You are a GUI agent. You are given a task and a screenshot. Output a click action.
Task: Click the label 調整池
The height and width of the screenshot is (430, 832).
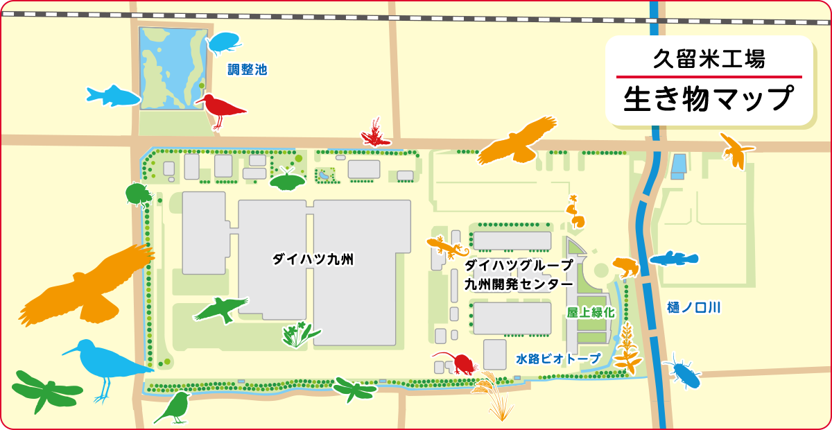pos(248,69)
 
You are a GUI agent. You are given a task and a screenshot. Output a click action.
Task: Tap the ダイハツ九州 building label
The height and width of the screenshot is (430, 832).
pos(313,260)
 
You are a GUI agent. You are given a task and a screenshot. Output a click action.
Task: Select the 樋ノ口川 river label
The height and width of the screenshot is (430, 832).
pos(693,307)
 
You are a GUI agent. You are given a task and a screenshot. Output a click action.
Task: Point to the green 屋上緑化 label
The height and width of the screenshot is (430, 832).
pos(591,313)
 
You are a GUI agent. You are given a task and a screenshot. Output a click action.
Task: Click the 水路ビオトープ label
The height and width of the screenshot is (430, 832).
pos(557,359)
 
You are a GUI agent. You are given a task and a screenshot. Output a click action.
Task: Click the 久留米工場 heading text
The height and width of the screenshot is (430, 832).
pos(709,60)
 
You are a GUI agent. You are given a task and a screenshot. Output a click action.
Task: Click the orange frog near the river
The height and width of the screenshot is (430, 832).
pos(625,266)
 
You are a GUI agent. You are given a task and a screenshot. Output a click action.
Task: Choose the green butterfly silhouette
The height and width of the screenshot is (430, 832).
pos(287,181)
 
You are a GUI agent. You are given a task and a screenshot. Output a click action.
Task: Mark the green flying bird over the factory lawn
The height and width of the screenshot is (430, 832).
pos(221,309)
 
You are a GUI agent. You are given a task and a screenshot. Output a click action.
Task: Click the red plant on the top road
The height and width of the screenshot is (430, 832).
pos(375,134)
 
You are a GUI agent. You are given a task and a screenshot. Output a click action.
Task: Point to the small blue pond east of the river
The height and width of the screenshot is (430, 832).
pos(678,165)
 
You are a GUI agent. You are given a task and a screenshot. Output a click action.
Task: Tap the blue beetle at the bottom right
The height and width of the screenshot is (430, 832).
pos(683,372)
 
